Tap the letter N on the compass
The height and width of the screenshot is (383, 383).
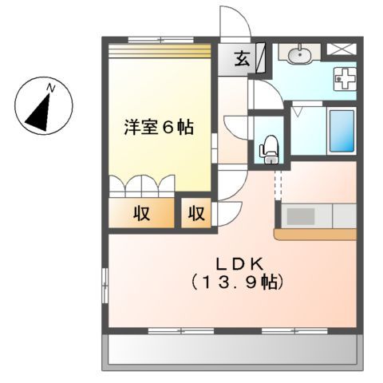[x=50, y=86]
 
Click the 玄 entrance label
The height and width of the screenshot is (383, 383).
[x=240, y=57]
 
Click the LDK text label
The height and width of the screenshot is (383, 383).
[x=232, y=263]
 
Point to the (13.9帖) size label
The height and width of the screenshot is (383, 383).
[x=232, y=281]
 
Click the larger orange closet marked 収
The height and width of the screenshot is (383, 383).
[x=141, y=213]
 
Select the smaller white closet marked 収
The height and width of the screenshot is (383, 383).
[x=196, y=213]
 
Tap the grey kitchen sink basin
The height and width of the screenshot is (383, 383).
[x=301, y=215]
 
